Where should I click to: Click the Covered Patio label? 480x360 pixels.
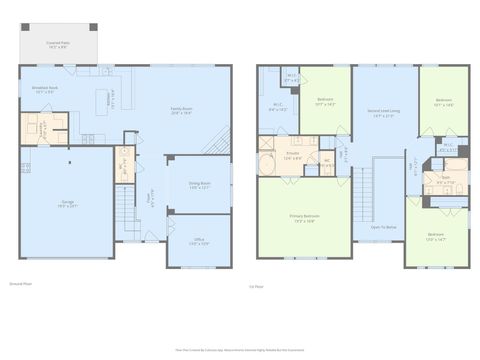tap(57, 44)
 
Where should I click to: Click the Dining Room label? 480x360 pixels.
tap(200, 185)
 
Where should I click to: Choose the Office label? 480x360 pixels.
tap(199, 242)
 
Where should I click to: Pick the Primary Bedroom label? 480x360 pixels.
tap(304, 218)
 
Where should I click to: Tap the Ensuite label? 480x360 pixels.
tap(293, 156)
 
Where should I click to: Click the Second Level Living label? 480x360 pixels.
tap(383, 112)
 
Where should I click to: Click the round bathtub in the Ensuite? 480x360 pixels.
tap(269, 165)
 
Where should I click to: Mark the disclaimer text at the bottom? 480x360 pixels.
tap(240, 352)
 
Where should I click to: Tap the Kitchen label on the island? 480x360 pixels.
tap(110, 99)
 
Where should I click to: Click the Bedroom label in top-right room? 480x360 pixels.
tap(444, 102)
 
